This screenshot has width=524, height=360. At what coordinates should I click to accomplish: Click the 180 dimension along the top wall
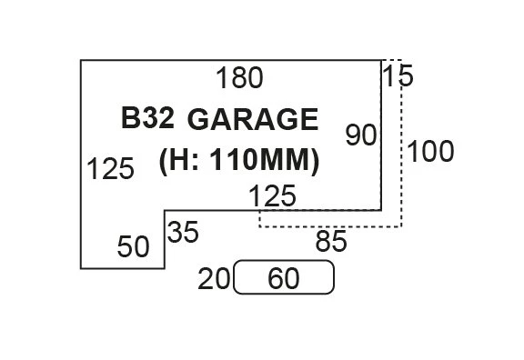click(x=240, y=79)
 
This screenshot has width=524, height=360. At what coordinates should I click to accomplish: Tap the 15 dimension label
click(x=398, y=76)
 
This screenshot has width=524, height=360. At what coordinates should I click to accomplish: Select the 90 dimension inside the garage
click(x=360, y=135)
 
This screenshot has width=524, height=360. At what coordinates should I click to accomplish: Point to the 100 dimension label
click(x=429, y=152)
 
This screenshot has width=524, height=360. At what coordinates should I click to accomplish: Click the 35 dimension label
click(x=182, y=233)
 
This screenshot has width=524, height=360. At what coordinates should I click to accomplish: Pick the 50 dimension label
click(x=133, y=246)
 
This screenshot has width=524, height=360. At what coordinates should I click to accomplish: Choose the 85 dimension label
click(x=331, y=242)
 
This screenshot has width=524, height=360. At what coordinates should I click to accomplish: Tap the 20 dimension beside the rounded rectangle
click(x=214, y=279)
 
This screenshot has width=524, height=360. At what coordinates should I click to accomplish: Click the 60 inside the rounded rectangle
click(x=284, y=279)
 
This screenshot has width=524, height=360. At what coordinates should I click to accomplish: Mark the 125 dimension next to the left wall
click(x=110, y=169)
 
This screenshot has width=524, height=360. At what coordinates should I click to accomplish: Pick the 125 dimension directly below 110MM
click(x=272, y=195)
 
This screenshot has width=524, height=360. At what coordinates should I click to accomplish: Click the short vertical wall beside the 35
click(x=165, y=239)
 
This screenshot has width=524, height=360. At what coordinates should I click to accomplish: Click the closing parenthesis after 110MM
click(x=314, y=161)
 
